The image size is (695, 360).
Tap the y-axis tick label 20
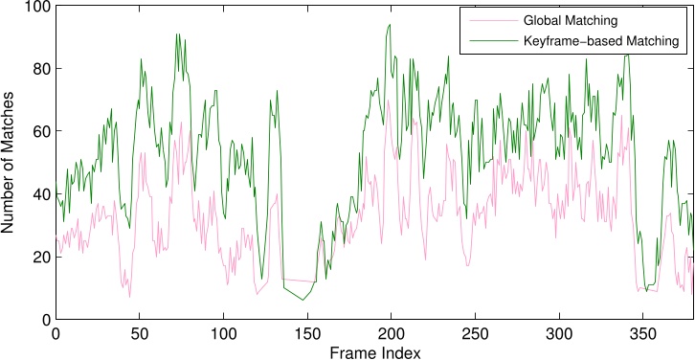coord(40,257)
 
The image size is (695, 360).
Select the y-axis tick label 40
coord(40,193)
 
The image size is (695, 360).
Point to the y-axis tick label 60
coord(40,131)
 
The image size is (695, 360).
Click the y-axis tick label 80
coord(40,68)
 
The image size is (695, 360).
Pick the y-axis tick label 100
coord(36,7)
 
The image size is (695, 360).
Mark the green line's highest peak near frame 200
coord(390,25)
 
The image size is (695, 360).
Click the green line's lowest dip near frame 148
coord(303,300)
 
